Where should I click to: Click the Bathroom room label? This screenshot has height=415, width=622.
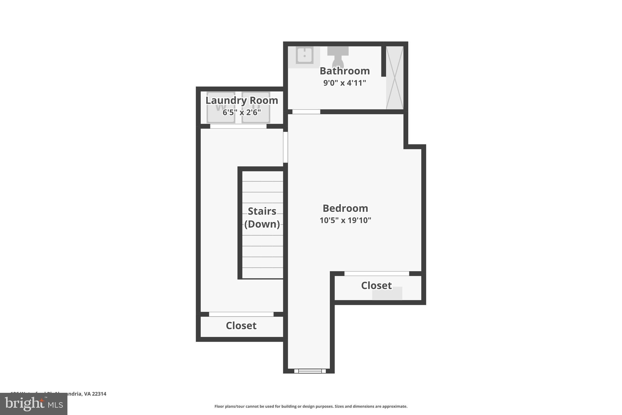pos(345,71)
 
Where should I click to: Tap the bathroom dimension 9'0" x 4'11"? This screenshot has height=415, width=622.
pos(345,83)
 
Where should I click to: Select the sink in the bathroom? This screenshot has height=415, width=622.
pos(304,56)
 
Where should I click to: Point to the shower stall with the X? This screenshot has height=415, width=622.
pos(395,78)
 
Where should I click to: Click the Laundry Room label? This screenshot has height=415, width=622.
pos(242,100)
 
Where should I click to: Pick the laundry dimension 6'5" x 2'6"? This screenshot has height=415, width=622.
pos(242,112)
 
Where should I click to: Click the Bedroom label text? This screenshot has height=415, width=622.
pos(345,208)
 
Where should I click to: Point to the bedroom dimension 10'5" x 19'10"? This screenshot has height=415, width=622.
pos(345,220)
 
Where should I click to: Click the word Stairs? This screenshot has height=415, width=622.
pos(262,211)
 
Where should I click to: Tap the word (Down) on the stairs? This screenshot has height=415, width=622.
pos(262,224)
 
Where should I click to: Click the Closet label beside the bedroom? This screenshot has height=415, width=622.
pos(376,285)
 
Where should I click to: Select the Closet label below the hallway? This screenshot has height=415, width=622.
pos(241,326)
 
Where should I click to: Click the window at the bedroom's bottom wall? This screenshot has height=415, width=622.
pos(310,371)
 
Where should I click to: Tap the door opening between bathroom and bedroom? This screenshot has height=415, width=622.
pos(306,112)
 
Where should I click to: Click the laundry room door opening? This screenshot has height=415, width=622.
pos(238,126)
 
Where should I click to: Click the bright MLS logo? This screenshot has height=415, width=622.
pos(34,404)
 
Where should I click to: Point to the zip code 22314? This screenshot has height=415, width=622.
pos(99,394)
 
